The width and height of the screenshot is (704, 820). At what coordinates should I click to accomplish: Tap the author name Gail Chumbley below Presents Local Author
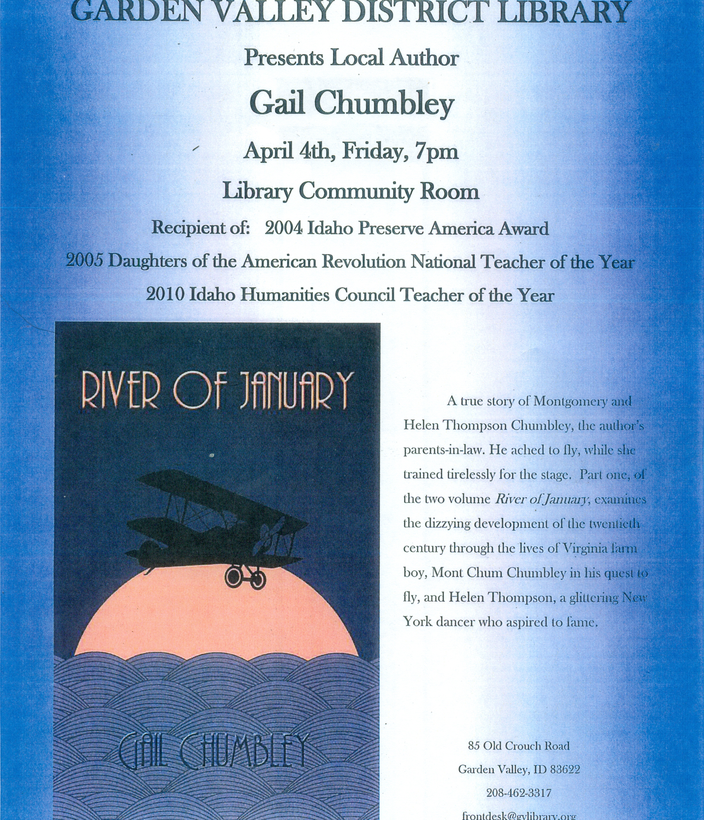click(351, 104)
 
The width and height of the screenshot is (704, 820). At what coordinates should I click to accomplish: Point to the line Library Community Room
click(351, 191)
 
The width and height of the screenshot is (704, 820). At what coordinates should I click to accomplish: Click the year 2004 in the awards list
click(284, 228)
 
